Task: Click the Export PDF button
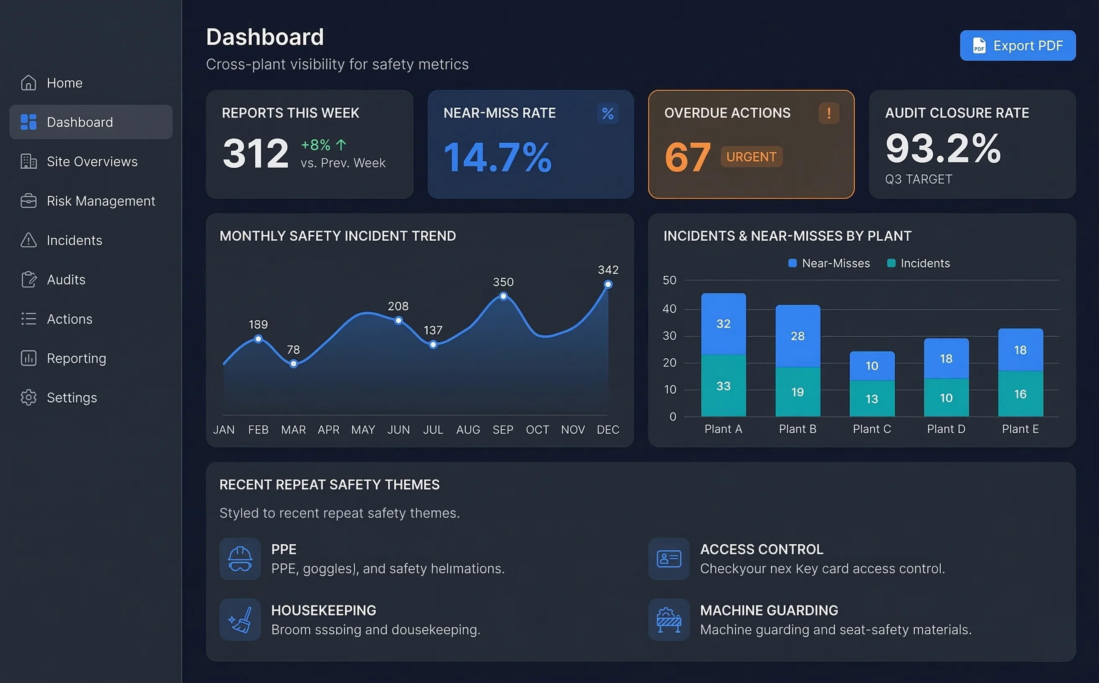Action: click(x=1017, y=46)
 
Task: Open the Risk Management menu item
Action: click(x=101, y=201)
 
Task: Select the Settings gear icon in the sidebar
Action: click(x=28, y=398)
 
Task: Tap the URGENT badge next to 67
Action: click(x=751, y=157)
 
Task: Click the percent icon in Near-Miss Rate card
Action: click(x=608, y=113)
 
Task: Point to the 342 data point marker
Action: click(x=608, y=285)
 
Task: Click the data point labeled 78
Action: click(x=294, y=364)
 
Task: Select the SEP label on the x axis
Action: click(x=503, y=429)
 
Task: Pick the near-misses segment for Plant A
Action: click(x=723, y=324)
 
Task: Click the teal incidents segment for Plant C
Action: click(x=872, y=398)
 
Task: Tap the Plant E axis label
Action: click(x=1020, y=429)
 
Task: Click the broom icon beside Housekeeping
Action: click(x=240, y=619)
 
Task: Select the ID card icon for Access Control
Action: click(x=668, y=559)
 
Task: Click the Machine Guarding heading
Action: click(x=769, y=610)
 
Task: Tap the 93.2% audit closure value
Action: click(x=943, y=148)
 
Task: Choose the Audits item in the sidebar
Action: click(x=66, y=280)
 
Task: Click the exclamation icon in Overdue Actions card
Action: click(x=829, y=113)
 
